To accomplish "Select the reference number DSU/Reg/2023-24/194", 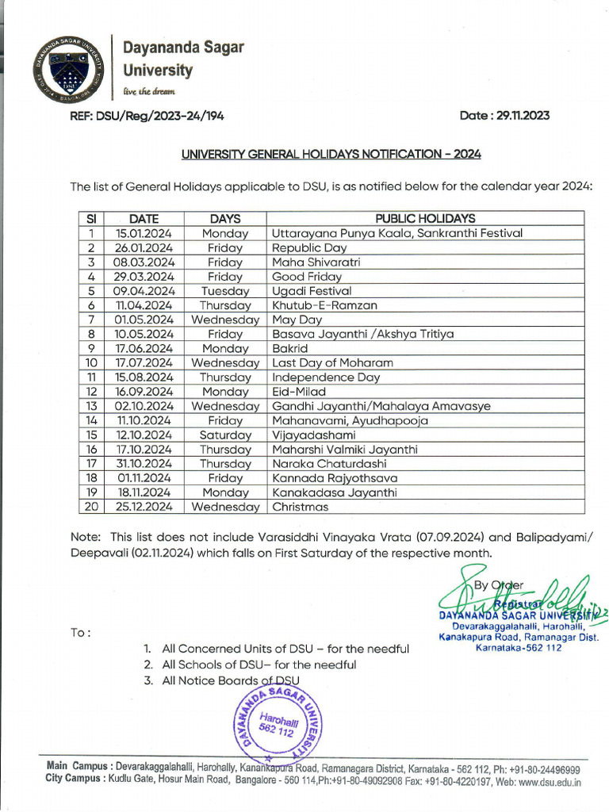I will [x=147, y=116].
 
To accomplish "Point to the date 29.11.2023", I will [x=504, y=116].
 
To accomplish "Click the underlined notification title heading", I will [x=331, y=154].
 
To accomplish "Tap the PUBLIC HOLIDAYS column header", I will [x=425, y=218].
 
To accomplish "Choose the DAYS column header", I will [x=225, y=218].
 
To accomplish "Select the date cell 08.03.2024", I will [x=144, y=262].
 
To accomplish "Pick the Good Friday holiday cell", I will [x=307, y=277].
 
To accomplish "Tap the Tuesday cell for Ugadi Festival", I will [x=225, y=291].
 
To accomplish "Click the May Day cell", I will [x=296, y=320].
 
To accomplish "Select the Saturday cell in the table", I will [x=225, y=435].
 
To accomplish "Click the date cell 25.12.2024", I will [x=144, y=506].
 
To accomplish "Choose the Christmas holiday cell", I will [x=300, y=506].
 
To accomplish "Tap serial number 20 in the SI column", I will [x=91, y=506].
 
